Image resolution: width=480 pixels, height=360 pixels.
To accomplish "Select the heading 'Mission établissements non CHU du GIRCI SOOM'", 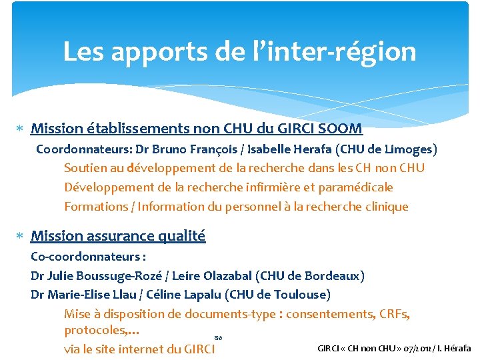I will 197,128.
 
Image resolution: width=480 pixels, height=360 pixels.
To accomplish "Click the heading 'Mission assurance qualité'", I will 118,235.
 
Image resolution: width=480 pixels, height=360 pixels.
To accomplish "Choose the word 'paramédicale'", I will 356,187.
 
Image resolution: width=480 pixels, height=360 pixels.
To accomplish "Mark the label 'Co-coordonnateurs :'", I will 89,256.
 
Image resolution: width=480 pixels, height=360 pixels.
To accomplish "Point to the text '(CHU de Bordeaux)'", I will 321,275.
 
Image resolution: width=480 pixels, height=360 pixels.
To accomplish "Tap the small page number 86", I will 218,338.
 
